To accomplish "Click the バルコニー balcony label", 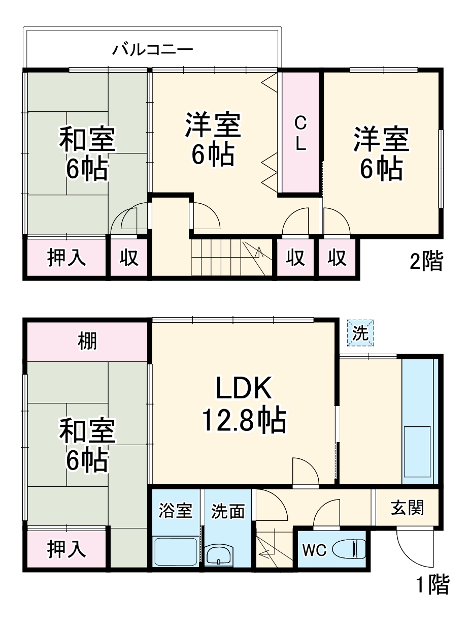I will [x=152, y=50].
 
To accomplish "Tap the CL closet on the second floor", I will [x=300, y=133].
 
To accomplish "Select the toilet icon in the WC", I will [x=349, y=549].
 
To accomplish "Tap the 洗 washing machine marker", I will [x=360, y=333].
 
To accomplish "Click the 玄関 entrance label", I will [x=407, y=507].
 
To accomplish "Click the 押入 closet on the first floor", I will [x=66, y=549].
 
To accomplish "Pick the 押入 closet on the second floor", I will [x=66, y=258].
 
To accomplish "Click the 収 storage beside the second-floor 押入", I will [x=129, y=258].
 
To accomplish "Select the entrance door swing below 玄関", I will [x=415, y=548].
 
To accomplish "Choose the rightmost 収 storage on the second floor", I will [x=337, y=258].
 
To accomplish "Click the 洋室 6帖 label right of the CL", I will [x=381, y=154].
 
